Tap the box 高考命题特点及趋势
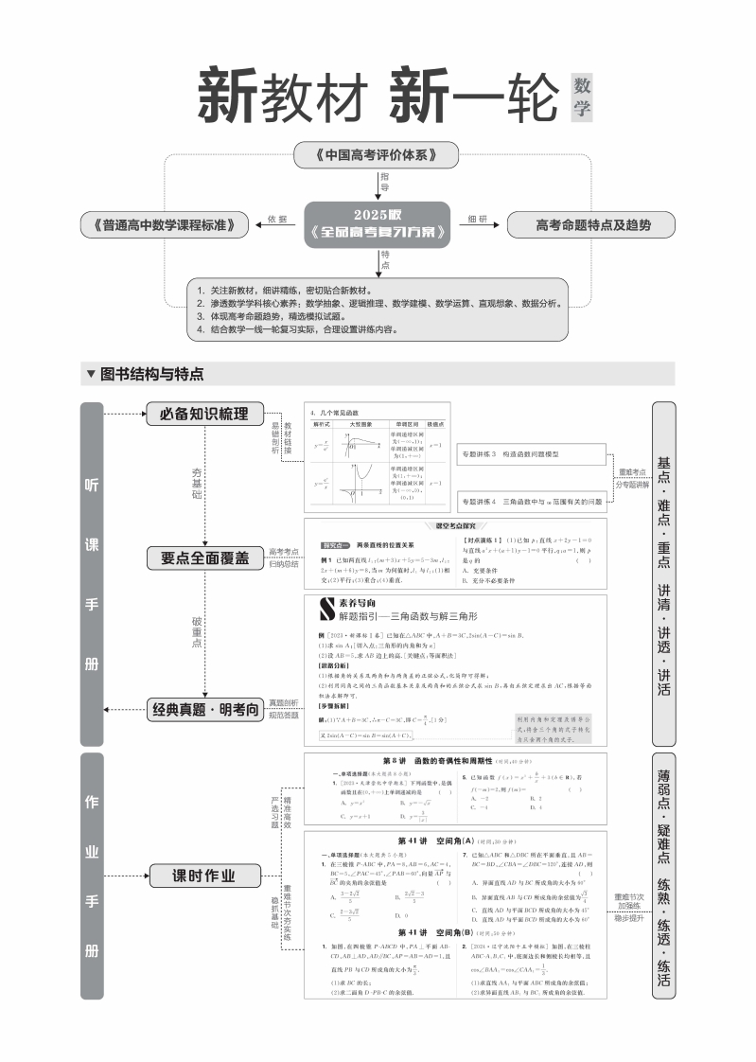(x=591, y=224)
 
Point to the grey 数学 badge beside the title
(x=581, y=97)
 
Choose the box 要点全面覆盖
(x=203, y=558)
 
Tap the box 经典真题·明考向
(x=203, y=708)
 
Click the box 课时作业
(x=203, y=875)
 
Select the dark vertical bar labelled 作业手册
(x=92, y=875)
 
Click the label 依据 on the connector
(x=276, y=220)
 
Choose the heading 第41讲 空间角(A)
(x=434, y=840)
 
